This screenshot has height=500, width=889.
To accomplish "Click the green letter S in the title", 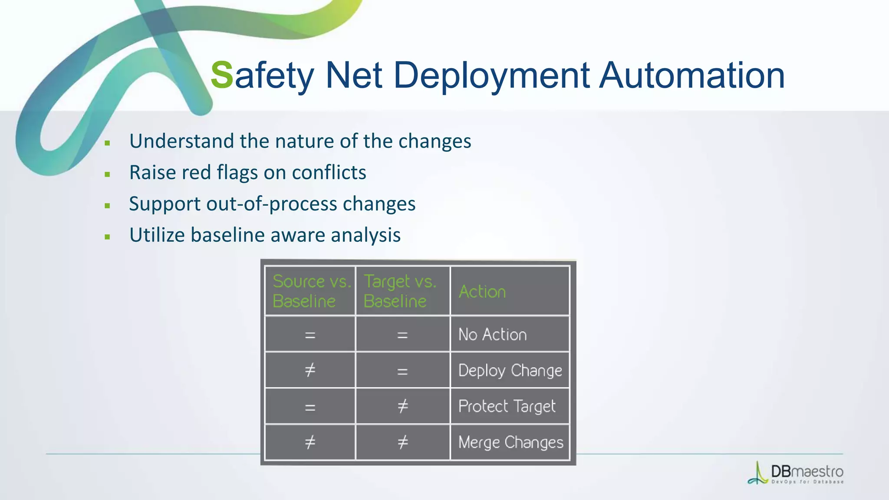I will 222,75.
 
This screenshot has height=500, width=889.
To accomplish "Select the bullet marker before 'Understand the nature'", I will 107,143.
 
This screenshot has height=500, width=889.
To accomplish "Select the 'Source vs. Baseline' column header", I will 310,291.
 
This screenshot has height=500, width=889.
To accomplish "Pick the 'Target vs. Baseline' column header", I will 400,291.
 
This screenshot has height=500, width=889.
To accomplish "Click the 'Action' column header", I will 482,292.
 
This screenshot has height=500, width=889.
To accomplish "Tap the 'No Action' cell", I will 492,334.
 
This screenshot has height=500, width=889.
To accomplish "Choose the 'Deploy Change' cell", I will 510,370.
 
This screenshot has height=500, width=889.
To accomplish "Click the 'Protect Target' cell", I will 507,406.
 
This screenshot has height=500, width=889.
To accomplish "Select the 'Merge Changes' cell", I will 510,442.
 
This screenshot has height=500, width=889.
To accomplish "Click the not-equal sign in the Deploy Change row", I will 310,370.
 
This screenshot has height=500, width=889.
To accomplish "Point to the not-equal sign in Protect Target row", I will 402,406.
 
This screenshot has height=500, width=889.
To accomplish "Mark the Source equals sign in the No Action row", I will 310,335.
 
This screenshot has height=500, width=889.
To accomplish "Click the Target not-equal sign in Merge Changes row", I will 402,442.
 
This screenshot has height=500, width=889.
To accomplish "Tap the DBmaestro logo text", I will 807,471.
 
